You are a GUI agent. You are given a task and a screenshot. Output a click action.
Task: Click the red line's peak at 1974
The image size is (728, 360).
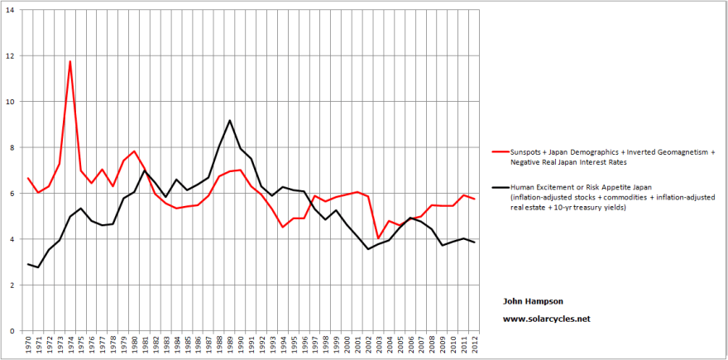coord(70,61)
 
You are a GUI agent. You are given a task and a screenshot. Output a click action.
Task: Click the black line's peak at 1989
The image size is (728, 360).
coord(230,121)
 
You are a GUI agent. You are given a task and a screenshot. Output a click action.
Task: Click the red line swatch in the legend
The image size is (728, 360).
coord(498,152)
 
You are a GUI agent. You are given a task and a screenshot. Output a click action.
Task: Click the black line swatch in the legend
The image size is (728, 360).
coord(498,187)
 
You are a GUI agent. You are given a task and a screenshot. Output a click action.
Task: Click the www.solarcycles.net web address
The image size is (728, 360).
coord(547,319)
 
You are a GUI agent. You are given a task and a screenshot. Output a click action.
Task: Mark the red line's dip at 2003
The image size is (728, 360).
coord(378,238)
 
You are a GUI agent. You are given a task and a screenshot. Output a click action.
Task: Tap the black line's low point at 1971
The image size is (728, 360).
coord(38,267)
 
